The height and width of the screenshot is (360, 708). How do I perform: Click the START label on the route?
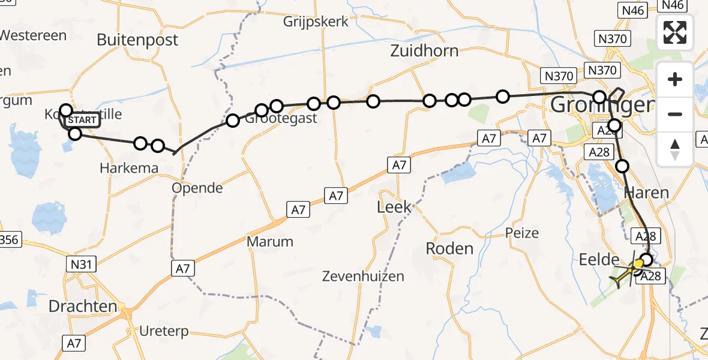[x=82, y=120]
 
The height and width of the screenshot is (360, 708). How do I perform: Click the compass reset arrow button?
[x=675, y=149]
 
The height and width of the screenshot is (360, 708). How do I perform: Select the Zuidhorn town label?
[x=424, y=51]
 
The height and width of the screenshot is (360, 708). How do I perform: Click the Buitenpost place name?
[x=137, y=40]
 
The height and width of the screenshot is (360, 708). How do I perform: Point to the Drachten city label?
[x=82, y=307]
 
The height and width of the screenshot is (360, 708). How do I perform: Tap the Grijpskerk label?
[x=316, y=22]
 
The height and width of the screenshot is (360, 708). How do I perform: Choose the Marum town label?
[x=270, y=242]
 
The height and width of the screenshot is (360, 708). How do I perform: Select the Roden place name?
[x=449, y=248]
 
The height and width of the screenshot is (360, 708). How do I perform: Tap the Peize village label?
[x=522, y=233]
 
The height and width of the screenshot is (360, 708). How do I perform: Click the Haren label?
[x=646, y=193]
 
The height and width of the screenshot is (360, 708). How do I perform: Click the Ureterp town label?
[x=163, y=331]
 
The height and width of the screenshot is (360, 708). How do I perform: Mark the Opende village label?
[x=197, y=188]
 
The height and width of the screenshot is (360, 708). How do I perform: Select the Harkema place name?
[x=130, y=168]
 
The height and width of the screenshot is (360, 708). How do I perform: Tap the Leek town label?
[x=394, y=208]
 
